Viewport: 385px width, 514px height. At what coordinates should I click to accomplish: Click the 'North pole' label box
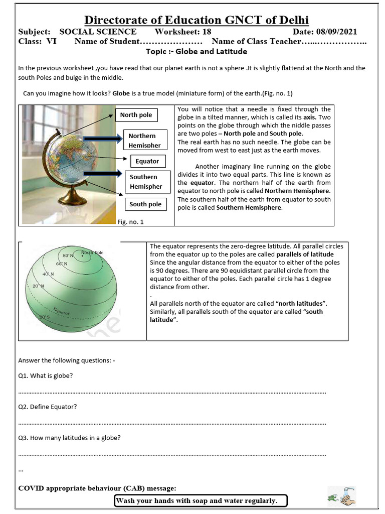(136, 115)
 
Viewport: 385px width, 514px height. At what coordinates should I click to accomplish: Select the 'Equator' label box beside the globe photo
(147, 161)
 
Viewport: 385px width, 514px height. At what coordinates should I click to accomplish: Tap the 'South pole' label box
(145, 204)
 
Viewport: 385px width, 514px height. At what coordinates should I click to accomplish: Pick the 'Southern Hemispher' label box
(146, 182)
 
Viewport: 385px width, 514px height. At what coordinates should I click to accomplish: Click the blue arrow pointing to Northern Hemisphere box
(103, 137)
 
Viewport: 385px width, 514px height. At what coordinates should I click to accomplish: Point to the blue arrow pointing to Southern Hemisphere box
(103, 174)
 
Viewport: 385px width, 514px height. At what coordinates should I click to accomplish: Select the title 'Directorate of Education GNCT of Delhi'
(196, 20)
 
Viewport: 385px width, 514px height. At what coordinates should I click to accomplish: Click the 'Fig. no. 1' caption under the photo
(130, 221)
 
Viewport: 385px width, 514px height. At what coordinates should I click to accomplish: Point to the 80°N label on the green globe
(68, 256)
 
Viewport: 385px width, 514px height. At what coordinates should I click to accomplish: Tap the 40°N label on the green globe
(48, 274)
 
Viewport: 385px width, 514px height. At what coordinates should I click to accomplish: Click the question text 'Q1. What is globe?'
(45, 375)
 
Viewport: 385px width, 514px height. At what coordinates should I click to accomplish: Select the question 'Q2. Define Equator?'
(48, 406)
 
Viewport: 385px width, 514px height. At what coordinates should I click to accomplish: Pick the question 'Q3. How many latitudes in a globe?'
(69, 437)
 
